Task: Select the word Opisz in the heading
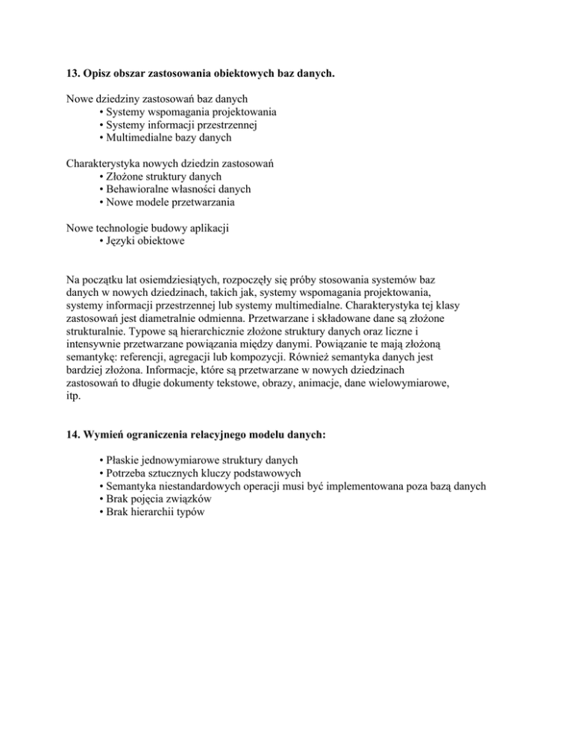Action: click(103, 74)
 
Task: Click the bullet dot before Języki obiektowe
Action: click(101, 242)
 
